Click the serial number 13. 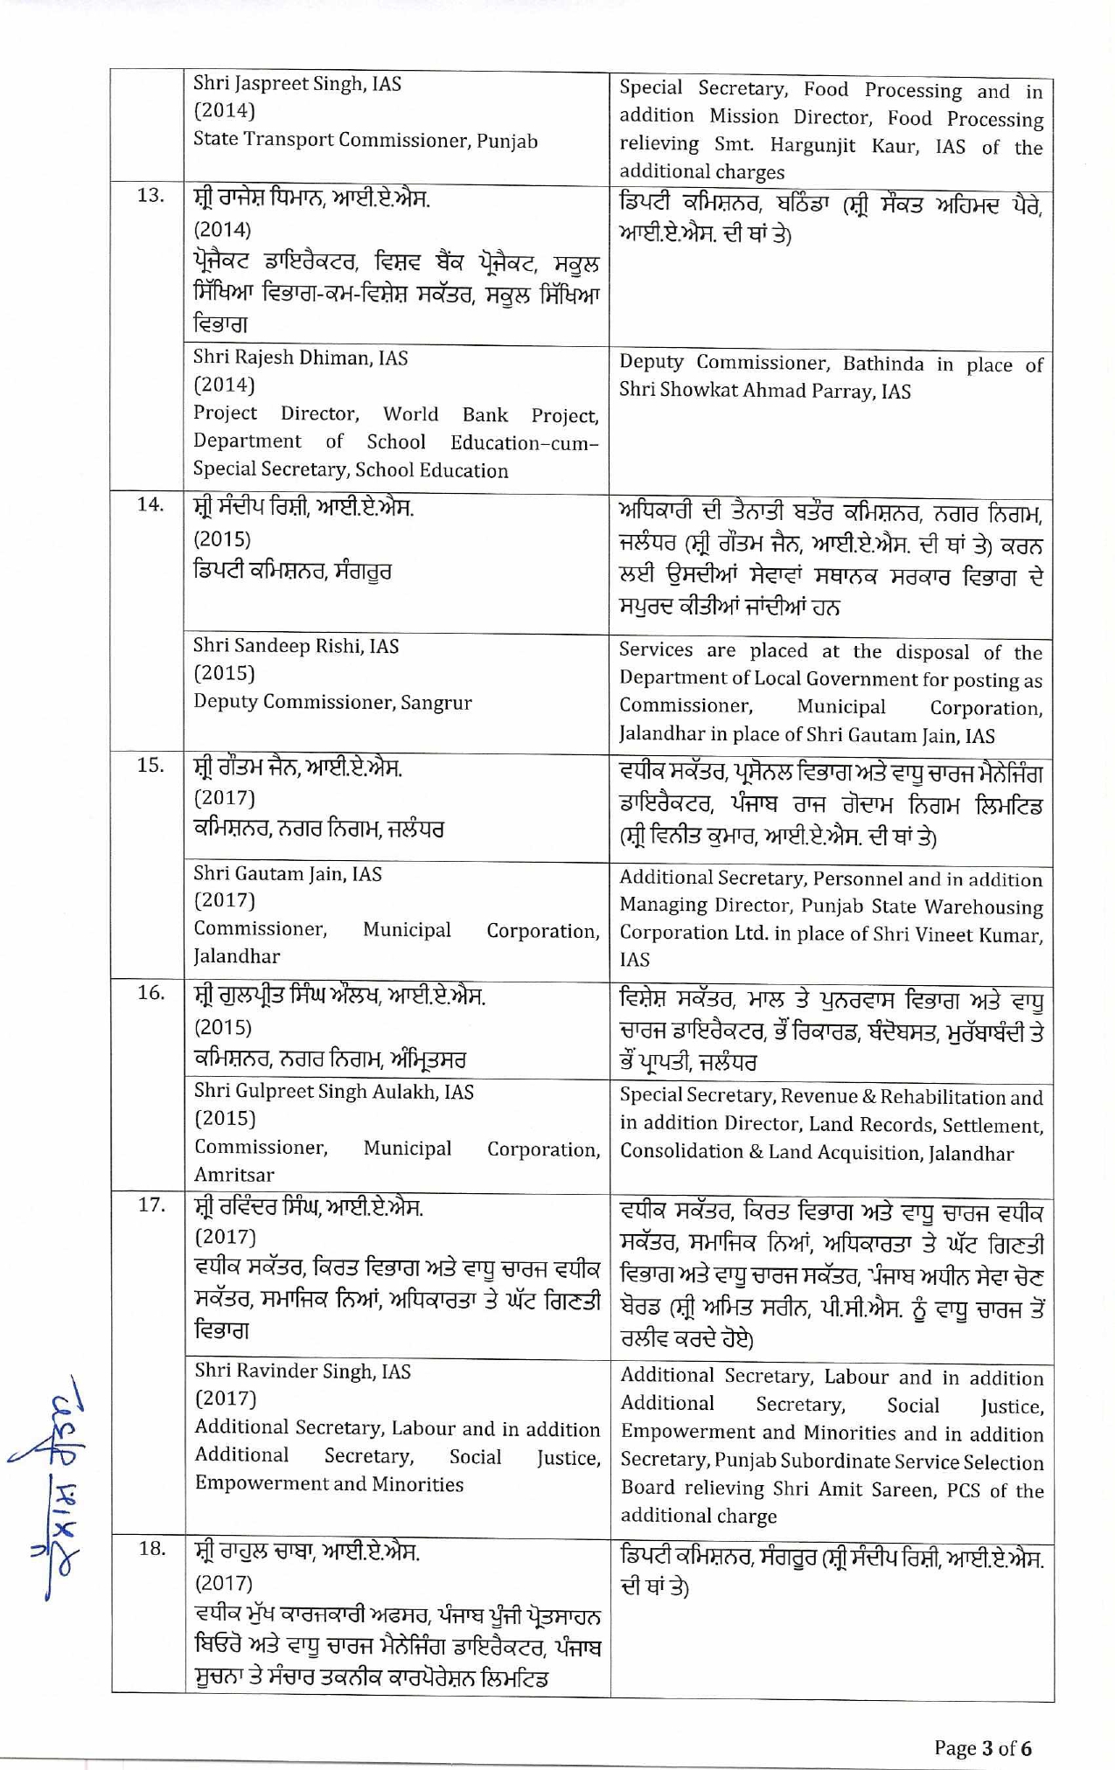(x=150, y=196)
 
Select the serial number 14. (x=150, y=504)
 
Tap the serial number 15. (x=150, y=766)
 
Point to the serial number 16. (x=150, y=993)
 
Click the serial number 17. (x=150, y=1205)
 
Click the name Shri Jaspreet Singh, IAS (x=297, y=84)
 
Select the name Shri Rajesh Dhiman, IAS (x=300, y=358)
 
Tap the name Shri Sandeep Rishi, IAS (x=296, y=646)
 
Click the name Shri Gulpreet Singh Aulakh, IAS (x=333, y=1092)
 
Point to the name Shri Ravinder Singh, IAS (x=302, y=1371)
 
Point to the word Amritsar (x=233, y=1175)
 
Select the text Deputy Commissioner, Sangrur (x=332, y=703)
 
